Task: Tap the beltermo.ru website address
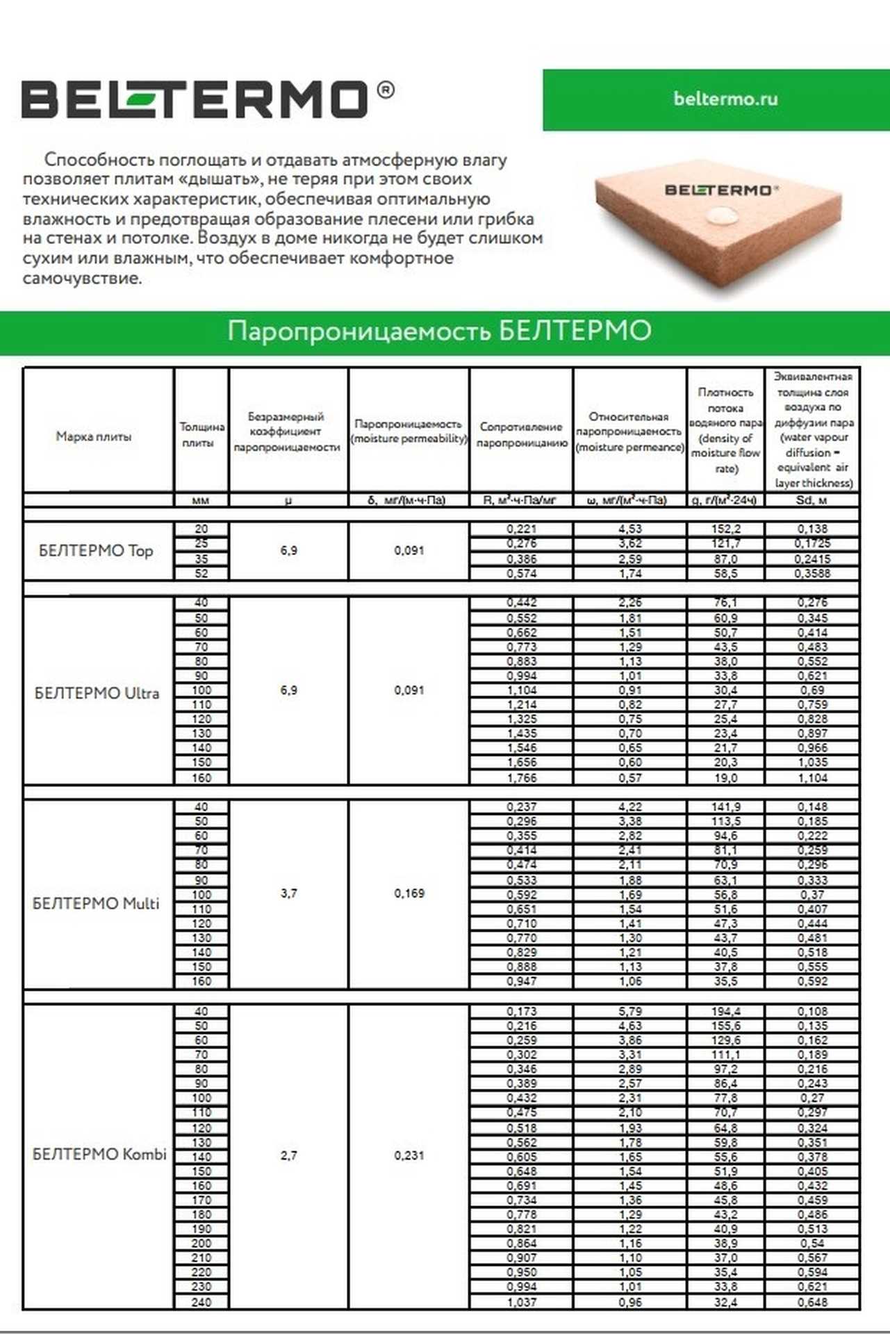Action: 725,99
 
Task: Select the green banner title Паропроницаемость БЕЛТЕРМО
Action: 439,331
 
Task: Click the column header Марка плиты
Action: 94,436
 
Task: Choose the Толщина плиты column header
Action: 201,434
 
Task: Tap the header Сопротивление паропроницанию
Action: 521,434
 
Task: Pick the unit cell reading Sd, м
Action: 811,500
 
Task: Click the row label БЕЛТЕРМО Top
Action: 96,551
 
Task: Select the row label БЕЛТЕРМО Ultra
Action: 97,693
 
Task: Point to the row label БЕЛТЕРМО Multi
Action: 96,903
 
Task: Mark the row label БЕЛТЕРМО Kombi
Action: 99,1154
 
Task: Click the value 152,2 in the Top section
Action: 725,529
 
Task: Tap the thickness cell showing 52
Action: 201,573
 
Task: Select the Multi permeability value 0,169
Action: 409,893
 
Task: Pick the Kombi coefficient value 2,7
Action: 288,1155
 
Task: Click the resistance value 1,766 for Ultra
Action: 521,778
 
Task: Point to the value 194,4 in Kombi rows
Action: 725,1012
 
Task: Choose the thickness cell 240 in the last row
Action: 201,1302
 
